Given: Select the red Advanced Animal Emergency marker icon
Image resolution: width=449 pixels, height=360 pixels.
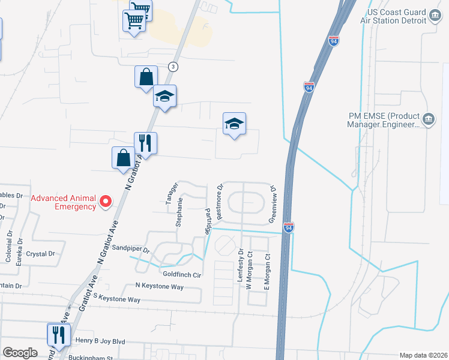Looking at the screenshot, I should (x=106, y=202).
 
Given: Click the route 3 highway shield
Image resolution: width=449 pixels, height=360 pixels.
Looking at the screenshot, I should (x=173, y=66).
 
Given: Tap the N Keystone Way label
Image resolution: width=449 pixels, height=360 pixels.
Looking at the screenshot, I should (x=160, y=286).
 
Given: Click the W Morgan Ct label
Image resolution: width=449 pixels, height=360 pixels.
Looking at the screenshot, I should (x=250, y=273).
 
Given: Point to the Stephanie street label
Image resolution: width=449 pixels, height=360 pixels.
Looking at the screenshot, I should (x=179, y=211).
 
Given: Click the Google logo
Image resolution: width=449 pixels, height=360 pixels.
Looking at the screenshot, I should (x=20, y=352).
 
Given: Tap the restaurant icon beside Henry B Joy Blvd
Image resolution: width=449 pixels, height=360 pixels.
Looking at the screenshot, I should (x=58, y=334).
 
